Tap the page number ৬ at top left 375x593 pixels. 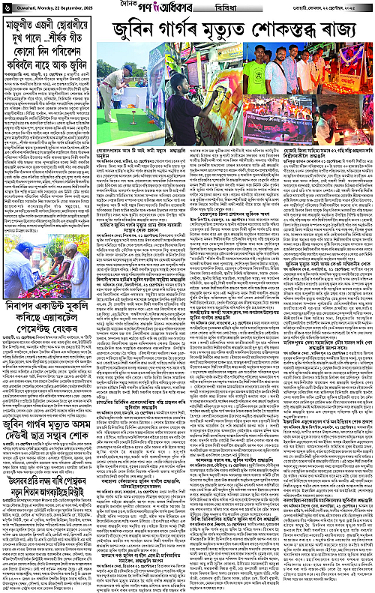pos(5,7)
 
